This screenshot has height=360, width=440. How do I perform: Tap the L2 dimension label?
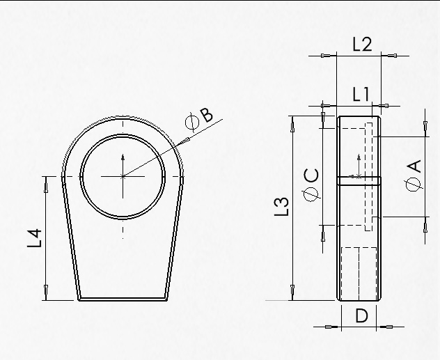tap(362, 45)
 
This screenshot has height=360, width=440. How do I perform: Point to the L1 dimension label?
tap(360, 95)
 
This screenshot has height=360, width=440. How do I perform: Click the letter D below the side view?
tap(361, 316)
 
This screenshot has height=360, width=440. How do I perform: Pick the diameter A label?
tap(413, 174)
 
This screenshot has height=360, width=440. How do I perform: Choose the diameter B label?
tap(201, 118)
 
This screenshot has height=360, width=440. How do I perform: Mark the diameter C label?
tap(313, 183)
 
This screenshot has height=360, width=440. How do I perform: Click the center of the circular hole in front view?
tap(123, 176)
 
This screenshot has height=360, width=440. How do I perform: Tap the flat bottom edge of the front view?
tap(123, 299)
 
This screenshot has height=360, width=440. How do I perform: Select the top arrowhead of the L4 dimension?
tap(47, 180)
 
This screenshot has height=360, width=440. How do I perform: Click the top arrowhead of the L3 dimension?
tap(292, 121)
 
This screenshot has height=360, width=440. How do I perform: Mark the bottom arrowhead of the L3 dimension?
tap(292, 297)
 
